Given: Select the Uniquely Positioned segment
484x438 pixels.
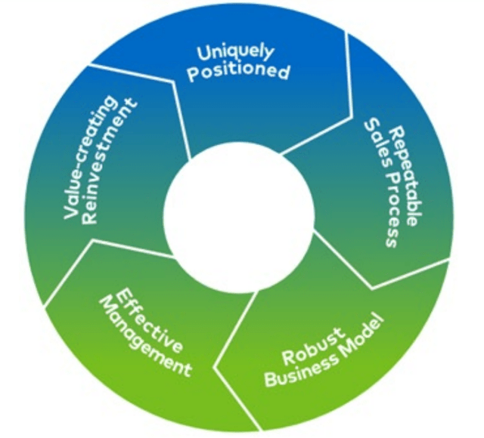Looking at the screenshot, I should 250,106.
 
